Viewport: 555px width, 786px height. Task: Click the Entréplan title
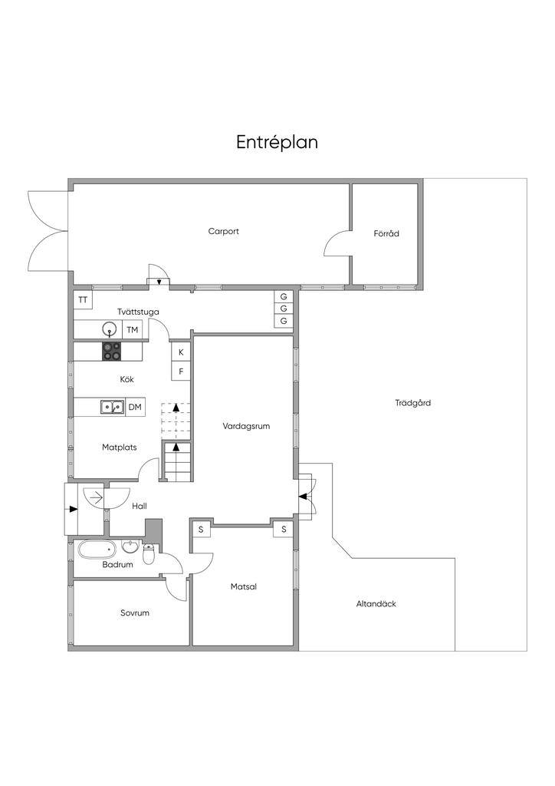(x=277, y=142)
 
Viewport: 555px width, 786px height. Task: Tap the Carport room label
(x=223, y=232)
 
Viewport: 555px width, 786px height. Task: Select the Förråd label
(x=386, y=233)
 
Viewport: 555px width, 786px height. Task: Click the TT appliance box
(x=83, y=300)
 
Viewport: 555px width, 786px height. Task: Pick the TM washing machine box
(x=132, y=329)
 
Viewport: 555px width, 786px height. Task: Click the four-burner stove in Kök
(x=112, y=351)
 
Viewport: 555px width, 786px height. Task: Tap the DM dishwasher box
(x=135, y=407)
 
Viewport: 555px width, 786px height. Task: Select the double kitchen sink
(x=113, y=407)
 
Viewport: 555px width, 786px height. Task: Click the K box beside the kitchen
(x=181, y=352)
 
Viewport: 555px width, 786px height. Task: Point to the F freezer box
(x=181, y=372)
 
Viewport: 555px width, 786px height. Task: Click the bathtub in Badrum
(x=97, y=550)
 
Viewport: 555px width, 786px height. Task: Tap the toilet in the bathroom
(x=149, y=554)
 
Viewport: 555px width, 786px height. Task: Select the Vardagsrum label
(x=246, y=427)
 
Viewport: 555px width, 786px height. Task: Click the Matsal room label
(x=244, y=586)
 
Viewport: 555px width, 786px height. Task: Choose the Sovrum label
(x=135, y=613)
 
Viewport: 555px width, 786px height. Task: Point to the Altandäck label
(x=376, y=604)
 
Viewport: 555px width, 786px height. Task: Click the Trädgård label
(x=413, y=403)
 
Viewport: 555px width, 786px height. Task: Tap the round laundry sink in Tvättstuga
(x=109, y=329)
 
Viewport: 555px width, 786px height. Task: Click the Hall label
(x=140, y=507)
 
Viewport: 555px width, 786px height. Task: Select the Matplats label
(x=119, y=447)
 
